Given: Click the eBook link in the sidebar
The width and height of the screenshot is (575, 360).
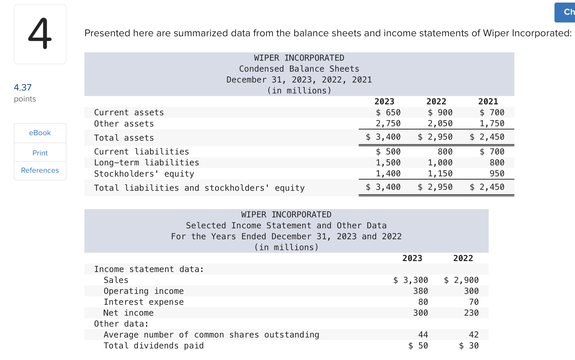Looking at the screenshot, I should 40,133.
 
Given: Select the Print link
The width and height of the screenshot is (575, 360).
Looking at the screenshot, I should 40,153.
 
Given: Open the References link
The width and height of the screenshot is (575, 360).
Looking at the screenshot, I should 40,170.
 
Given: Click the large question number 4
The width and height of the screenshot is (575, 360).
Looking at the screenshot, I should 40,34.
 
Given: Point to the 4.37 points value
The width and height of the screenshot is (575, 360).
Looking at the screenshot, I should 23,87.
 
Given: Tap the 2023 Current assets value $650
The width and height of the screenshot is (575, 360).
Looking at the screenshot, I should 388,112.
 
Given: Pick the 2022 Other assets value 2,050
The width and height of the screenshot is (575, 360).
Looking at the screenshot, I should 440,123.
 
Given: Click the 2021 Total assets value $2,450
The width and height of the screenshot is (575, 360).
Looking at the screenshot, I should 487,137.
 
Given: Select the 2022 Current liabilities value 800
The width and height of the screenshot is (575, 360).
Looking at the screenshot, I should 445,152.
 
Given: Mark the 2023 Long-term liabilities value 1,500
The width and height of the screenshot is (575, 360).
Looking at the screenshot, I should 388,162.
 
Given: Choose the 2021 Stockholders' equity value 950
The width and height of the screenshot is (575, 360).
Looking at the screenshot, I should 497,173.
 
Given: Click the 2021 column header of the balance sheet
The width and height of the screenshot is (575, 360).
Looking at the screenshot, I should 488,101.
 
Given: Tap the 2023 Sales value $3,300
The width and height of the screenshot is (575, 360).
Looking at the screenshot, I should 411,280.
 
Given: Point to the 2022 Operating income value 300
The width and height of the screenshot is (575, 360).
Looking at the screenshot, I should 471,291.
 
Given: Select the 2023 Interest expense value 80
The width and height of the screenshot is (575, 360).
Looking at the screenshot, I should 423,302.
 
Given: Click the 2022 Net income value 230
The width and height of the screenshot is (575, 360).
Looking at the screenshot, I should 471,313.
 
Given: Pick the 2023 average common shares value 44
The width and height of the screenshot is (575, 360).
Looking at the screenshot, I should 423,335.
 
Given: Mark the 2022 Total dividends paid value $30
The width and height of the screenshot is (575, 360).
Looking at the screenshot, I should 469,346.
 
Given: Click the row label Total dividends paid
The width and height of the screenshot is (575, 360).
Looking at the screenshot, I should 153,346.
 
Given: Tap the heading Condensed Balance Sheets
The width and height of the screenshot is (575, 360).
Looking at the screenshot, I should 299,69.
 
